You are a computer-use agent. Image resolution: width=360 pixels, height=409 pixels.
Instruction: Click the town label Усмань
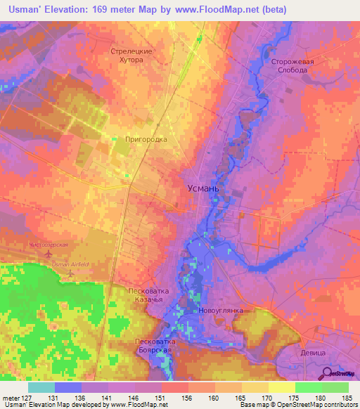[205, 188]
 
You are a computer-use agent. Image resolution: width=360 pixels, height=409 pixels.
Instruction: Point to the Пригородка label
[146, 139]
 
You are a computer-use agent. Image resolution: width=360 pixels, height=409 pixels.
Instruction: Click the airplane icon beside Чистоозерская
[48, 252]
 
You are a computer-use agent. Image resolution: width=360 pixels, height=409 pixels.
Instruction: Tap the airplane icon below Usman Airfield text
[70, 272]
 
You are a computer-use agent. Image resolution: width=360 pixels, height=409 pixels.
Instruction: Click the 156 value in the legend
[188, 398]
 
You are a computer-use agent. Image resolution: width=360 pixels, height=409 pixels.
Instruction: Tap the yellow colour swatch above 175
[281, 387]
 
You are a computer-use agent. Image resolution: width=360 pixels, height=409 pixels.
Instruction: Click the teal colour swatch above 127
[41, 387]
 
